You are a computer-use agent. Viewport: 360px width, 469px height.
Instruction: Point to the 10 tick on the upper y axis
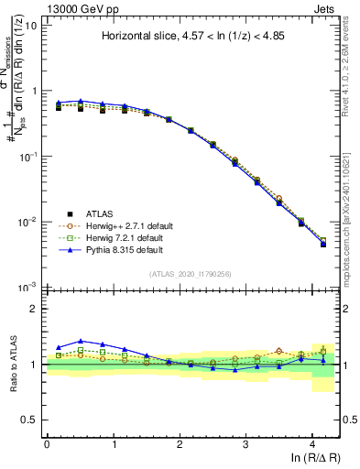click(x=30, y=26)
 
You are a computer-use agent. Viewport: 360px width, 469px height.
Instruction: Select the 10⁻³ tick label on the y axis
click(x=28, y=287)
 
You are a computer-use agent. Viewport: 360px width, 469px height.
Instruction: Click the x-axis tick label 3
click(x=245, y=443)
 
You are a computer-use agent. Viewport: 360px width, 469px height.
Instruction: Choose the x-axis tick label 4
click(x=312, y=443)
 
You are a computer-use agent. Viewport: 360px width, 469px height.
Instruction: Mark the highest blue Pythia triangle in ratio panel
click(x=81, y=341)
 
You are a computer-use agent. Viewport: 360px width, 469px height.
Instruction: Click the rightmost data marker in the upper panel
click(x=323, y=244)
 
